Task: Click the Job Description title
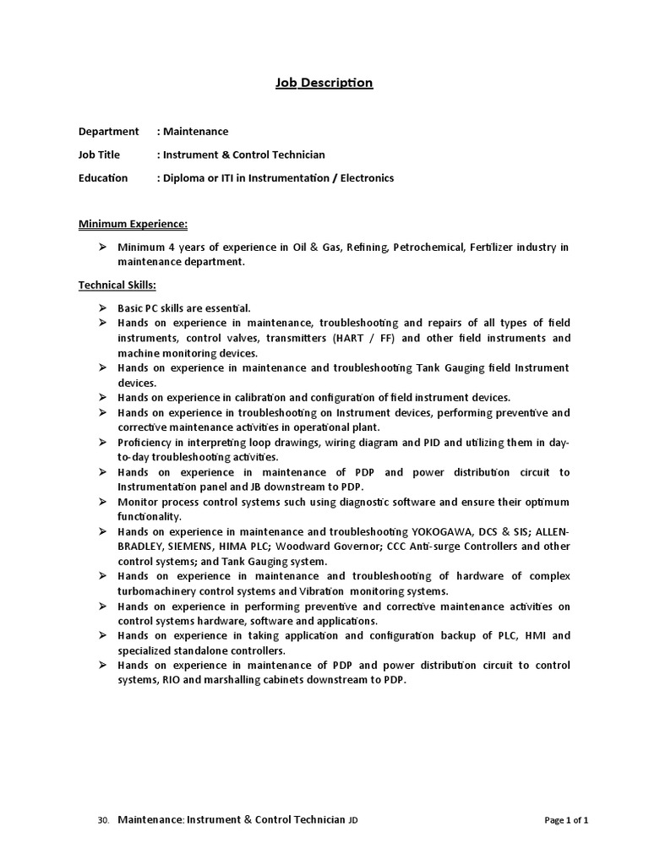324,83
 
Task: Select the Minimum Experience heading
133,224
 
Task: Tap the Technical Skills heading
117,286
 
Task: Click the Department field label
108,132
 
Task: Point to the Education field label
103,178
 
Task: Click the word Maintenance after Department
195,132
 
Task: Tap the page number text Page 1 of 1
566,820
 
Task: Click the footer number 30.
103,820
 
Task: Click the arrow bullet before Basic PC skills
101,307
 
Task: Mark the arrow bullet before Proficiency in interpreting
101,442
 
